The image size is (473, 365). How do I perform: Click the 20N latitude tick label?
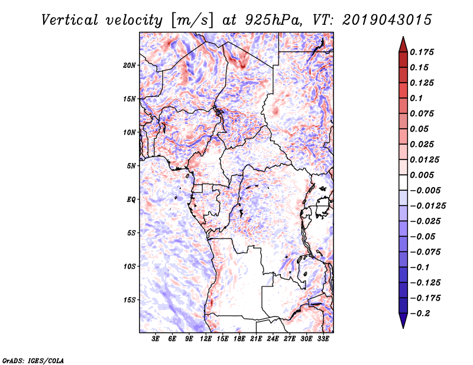point(129,65)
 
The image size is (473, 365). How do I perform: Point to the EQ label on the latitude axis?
point(131,199)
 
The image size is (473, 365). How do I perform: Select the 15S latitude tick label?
point(129,299)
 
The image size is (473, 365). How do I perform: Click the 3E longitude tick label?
point(156,339)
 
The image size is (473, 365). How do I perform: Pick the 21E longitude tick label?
point(256,339)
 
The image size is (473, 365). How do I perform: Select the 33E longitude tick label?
point(323,339)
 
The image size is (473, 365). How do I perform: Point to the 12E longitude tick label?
point(206,339)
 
